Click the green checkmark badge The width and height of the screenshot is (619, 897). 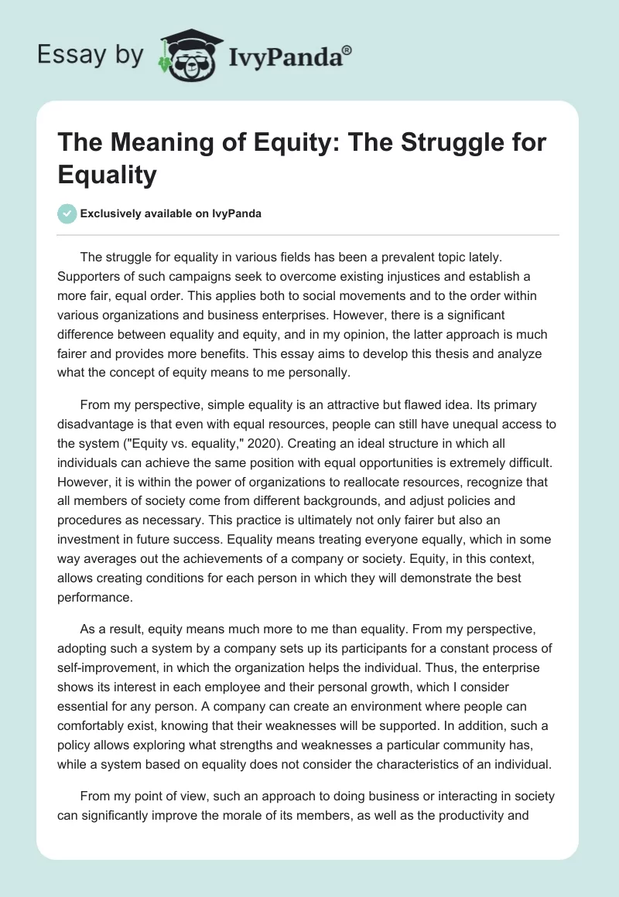pos(67,213)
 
